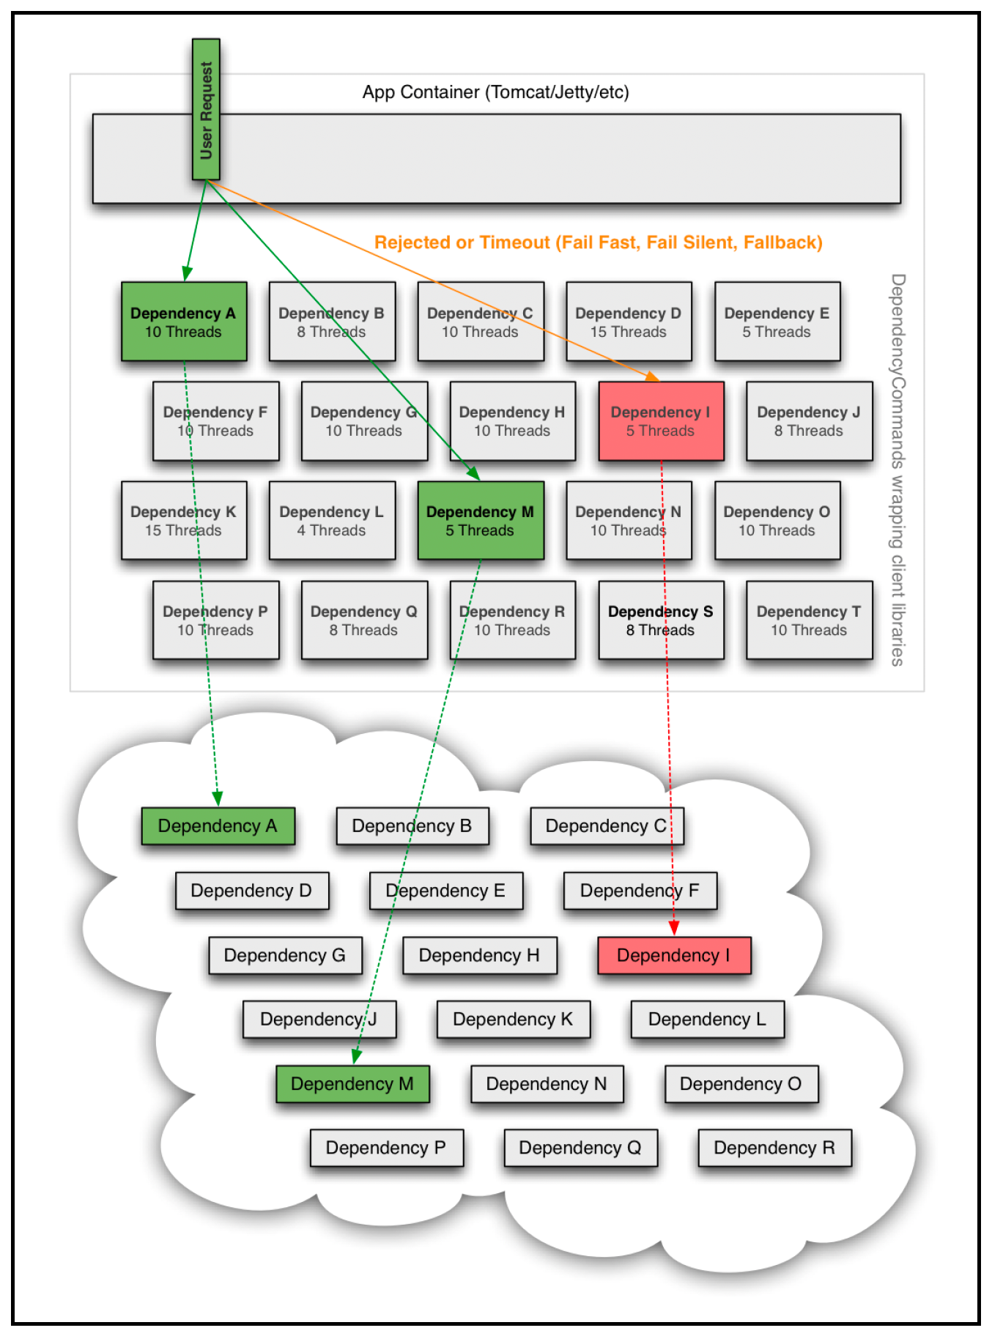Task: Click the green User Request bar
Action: click(x=206, y=109)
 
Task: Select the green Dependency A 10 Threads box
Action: click(x=184, y=322)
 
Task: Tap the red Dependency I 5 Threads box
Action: click(x=661, y=421)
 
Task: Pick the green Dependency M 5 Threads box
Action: click(x=481, y=521)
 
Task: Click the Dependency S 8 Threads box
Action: click(x=661, y=620)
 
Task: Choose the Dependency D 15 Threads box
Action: click(x=629, y=322)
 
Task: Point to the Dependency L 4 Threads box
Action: click(x=332, y=521)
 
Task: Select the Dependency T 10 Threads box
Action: click(x=810, y=620)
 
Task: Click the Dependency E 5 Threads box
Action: click(x=777, y=322)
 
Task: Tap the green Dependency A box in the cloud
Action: click(x=218, y=826)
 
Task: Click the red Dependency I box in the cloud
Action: click(x=674, y=955)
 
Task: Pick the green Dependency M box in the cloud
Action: click(x=352, y=1084)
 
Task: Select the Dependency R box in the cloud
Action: click(x=775, y=1148)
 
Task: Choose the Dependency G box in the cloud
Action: click(x=285, y=955)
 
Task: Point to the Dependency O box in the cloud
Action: click(x=741, y=1084)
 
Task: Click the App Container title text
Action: click(x=496, y=92)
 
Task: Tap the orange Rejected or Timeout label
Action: click(x=599, y=242)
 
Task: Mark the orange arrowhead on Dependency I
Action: click(x=652, y=376)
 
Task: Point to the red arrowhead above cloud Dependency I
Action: click(x=674, y=928)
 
